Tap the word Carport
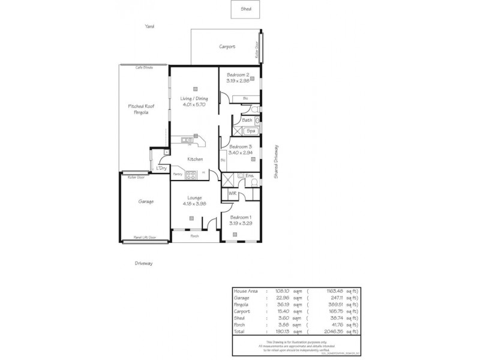[x=227, y=46]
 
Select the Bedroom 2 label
[x=238, y=75]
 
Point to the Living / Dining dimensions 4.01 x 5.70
[x=194, y=104]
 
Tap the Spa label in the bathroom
[x=251, y=130]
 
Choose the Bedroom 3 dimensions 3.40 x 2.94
[x=240, y=152]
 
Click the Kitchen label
[x=195, y=159]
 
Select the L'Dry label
[x=161, y=168]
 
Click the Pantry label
[x=178, y=175]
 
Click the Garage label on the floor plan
[x=146, y=202]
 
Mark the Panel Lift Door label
[x=145, y=238]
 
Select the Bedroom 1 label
[x=241, y=217]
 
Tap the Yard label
[x=149, y=26]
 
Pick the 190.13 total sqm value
[x=284, y=331]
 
